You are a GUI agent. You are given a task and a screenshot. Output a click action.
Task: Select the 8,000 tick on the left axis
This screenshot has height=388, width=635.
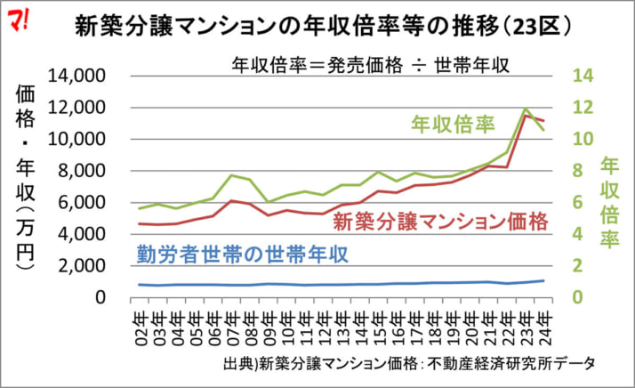(x=87, y=171)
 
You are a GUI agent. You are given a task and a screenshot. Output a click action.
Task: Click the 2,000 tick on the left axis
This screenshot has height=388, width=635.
(x=87, y=266)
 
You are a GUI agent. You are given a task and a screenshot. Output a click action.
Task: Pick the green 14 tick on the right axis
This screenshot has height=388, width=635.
(x=583, y=77)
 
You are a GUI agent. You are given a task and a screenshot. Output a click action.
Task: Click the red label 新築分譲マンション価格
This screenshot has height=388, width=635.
(x=442, y=219)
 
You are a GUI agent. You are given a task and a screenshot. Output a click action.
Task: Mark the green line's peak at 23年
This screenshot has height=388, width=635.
(x=526, y=109)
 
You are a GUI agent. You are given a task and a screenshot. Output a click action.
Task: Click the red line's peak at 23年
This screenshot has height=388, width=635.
(x=526, y=116)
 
